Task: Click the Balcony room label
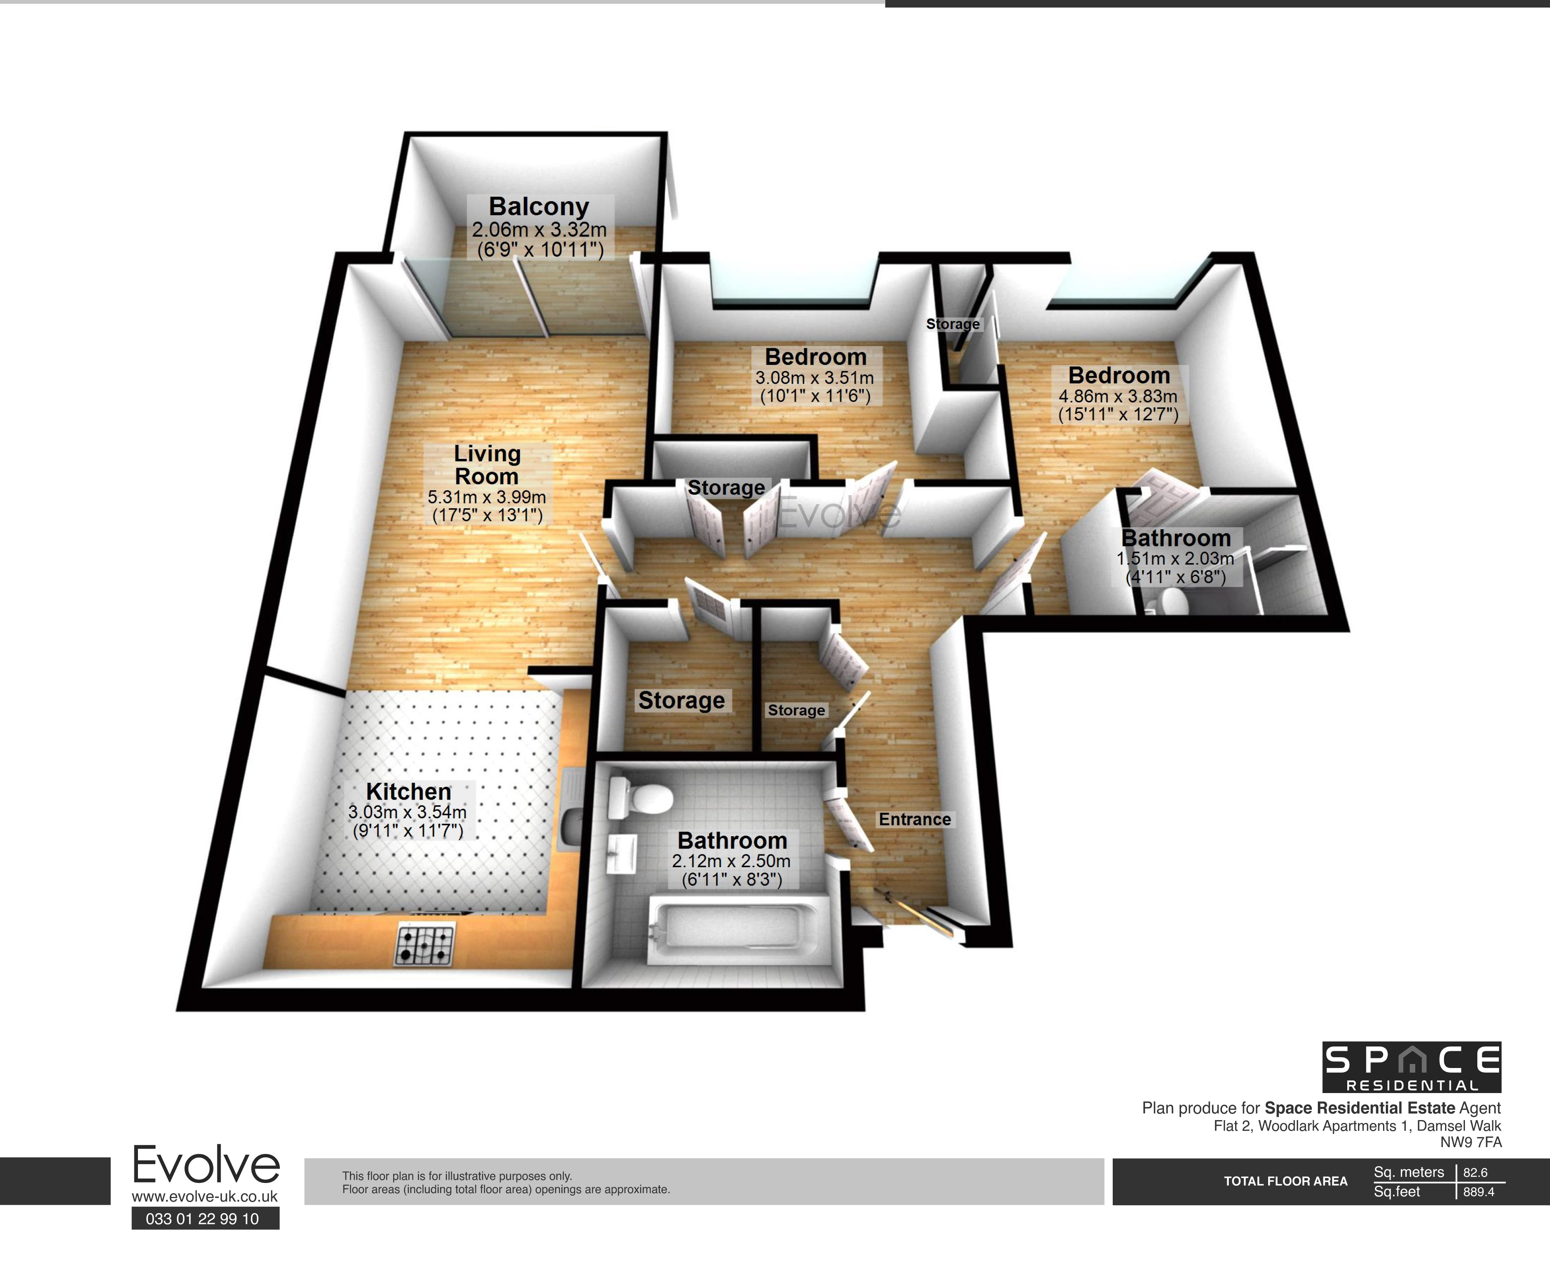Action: click(539, 207)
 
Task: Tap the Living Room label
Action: click(487, 464)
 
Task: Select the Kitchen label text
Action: click(408, 791)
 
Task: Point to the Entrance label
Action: click(915, 819)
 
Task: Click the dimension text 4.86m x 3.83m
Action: click(1118, 396)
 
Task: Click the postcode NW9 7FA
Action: click(1471, 1142)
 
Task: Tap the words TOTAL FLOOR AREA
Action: click(1286, 1181)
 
